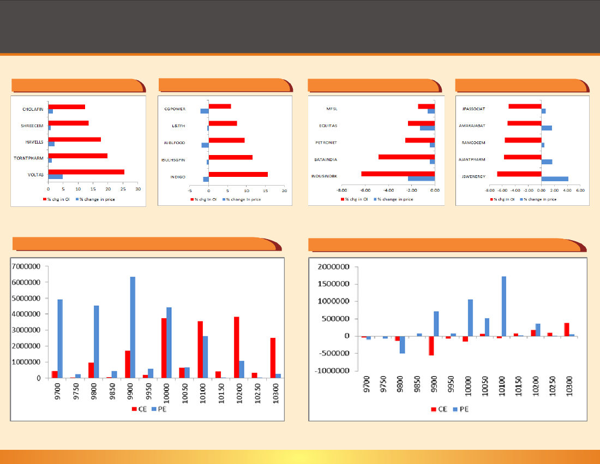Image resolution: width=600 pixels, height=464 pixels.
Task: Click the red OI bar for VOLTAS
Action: click(x=86, y=172)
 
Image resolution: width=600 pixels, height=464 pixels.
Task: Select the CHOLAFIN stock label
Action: click(x=33, y=109)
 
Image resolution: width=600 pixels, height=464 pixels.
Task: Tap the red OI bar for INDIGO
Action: click(x=238, y=175)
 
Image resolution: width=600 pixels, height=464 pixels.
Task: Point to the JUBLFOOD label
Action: click(x=175, y=143)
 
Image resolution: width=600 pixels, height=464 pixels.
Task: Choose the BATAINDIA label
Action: click(x=326, y=160)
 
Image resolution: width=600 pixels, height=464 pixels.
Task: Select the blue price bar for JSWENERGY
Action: click(x=555, y=179)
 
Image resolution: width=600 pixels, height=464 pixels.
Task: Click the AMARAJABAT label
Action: click(x=473, y=126)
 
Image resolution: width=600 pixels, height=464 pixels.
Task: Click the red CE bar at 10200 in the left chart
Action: click(x=236, y=347)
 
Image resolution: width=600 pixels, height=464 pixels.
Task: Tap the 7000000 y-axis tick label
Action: click(x=28, y=266)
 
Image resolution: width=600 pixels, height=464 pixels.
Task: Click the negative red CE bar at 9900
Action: click(x=431, y=346)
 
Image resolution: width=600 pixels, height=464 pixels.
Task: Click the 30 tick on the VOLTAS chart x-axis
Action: click(x=138, y=189)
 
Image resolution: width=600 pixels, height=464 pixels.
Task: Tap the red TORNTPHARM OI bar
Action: click(x=78, y=156)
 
